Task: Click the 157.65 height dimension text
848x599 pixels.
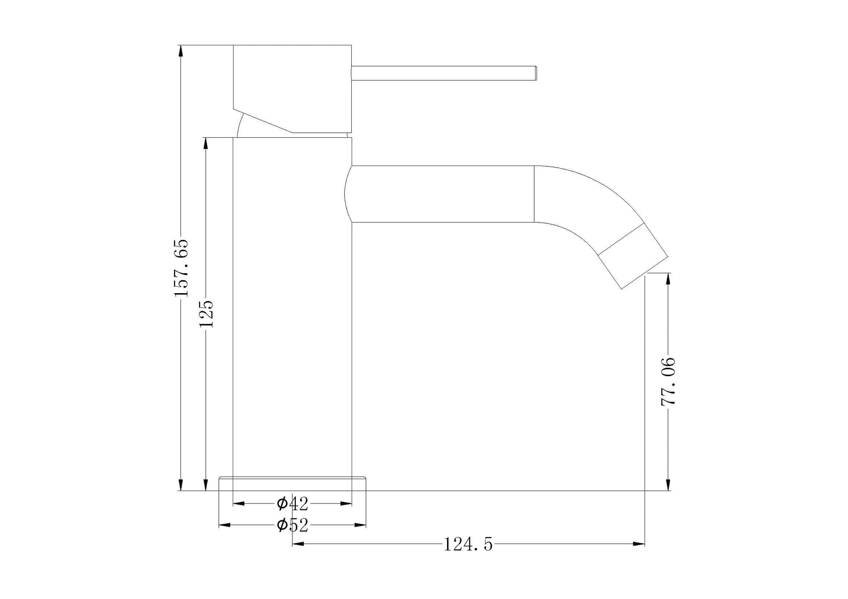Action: (181, 267)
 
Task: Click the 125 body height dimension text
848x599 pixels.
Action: (206, 314)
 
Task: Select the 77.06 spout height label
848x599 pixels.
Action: (668, 382)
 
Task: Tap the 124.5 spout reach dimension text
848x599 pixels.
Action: (468, 545)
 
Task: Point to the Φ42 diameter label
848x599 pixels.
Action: (292, 504)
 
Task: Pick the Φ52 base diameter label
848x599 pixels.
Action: (292, 525)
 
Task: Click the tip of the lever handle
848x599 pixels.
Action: (535, 73)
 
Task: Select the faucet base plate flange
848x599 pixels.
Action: (292, 484)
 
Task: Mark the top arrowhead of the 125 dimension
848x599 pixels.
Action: (206, 143)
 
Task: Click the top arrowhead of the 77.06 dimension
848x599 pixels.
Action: (668, 278)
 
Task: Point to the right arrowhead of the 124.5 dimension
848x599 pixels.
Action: (639, 544)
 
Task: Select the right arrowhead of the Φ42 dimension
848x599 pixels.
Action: (346, 504)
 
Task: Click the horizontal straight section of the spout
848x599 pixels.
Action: (442, 194)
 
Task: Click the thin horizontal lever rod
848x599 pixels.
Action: (442, 73)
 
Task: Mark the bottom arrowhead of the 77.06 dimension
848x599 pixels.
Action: (668, 485)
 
